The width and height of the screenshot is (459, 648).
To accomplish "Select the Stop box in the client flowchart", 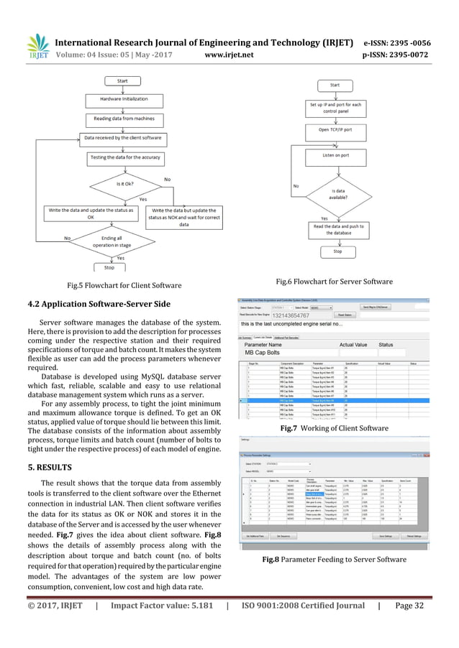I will coord(109,267).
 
